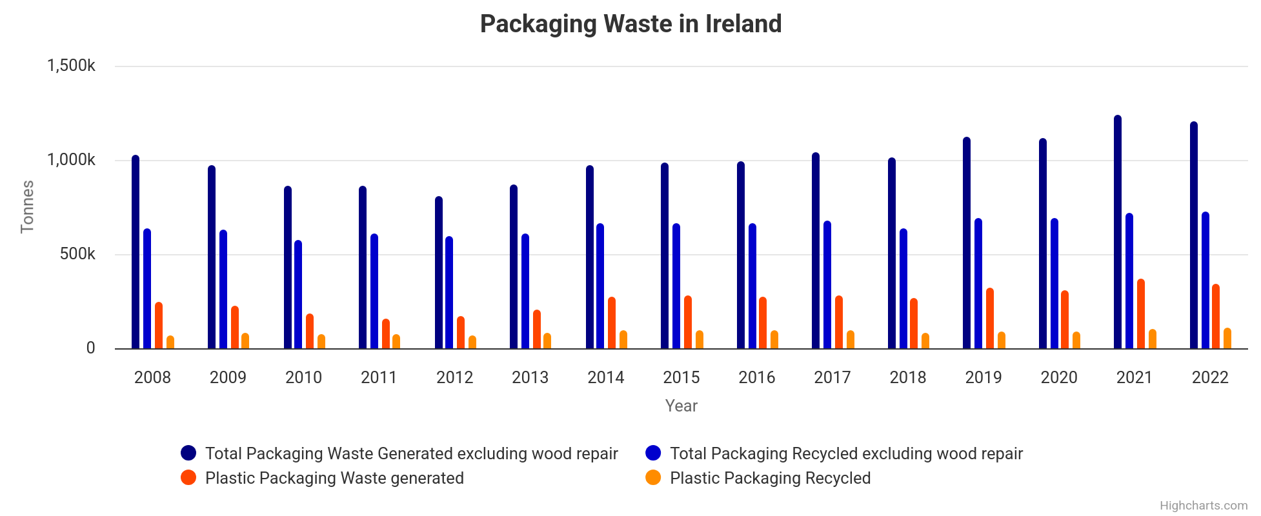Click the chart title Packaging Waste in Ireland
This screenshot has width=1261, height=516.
tap(630, 25)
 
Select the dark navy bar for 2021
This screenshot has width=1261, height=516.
tap(1118, 232)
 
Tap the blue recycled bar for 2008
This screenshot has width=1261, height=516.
tap(147, 289)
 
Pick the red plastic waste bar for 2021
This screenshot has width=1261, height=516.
tap(1141, 314)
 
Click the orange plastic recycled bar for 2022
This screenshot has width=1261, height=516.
tap(1227, 339)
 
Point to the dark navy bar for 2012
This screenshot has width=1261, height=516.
tap(439, 273)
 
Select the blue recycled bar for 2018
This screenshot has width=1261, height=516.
tap(903, 289)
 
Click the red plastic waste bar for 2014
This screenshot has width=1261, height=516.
tap(612, 323)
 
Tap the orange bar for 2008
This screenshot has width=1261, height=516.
tap(170, 342)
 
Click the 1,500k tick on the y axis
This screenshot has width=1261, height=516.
tap(71, 66)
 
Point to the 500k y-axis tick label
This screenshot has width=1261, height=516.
tap(77, 254)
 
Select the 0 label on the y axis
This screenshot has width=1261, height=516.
tap(90, 348)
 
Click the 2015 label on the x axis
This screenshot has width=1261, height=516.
tap(681, 377)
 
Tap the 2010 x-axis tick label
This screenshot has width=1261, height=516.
tap(303, 377)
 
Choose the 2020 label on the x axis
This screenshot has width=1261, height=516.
tap(1059, 377)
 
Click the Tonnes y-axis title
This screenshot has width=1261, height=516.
tap(27, 206)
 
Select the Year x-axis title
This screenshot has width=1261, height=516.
tap(681, 406)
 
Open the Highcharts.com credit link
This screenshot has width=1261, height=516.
tap(1204, 506)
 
